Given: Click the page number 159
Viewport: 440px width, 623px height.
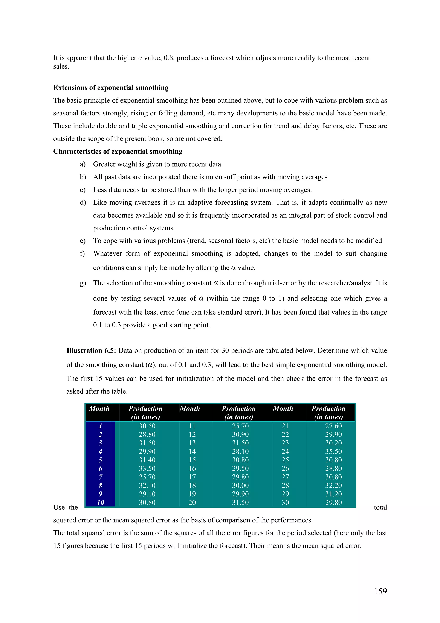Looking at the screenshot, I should [x=380, y=591].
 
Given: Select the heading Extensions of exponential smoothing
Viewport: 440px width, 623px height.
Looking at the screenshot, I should [x=111, y=88].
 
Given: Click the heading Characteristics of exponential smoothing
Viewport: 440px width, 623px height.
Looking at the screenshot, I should [x=118, y=151].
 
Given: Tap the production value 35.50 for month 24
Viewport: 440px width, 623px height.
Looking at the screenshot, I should [x=333, y=451].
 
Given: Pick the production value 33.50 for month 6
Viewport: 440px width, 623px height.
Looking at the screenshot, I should [x=147, y=468].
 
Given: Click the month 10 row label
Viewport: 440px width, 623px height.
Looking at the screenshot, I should [x=100, y=503].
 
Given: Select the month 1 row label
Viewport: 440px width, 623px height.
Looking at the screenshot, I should [x=100, y=426].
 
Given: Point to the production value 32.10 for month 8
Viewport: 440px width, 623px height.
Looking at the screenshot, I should [x=147, y=485].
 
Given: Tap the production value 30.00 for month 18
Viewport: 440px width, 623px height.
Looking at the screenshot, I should [x=240, y=485].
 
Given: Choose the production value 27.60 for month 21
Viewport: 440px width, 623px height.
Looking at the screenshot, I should [x=333, y=426].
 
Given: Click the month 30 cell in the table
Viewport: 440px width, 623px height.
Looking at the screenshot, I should [x=285, y=503].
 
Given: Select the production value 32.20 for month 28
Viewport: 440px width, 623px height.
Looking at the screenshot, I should [x=333, y=485].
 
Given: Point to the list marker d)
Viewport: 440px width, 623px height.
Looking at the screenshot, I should [x=83, y=203].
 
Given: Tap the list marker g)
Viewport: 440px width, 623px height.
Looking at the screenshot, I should [x=83, y=283].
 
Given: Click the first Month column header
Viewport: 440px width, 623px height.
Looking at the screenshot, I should [x=99, y=409].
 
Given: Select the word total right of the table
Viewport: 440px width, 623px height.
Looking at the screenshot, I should [x=380, y=507].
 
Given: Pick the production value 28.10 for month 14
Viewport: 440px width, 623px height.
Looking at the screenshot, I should [x=240, y=451].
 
